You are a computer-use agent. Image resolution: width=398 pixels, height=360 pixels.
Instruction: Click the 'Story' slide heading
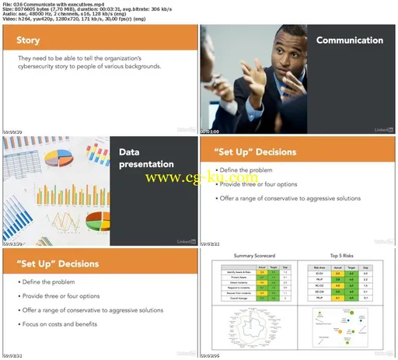[29, 40]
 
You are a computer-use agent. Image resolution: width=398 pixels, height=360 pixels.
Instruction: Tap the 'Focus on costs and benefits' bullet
[59, 322]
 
